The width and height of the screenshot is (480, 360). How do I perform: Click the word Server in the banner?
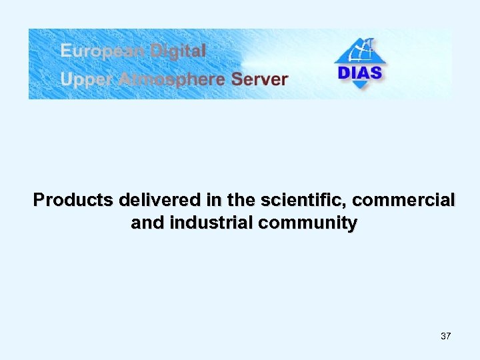259,80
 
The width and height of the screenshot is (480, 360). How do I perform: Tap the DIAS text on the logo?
360,72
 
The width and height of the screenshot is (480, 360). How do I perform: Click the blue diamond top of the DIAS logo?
361,50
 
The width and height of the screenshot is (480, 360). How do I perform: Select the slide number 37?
446,336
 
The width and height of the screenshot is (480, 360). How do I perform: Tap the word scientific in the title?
293,200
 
